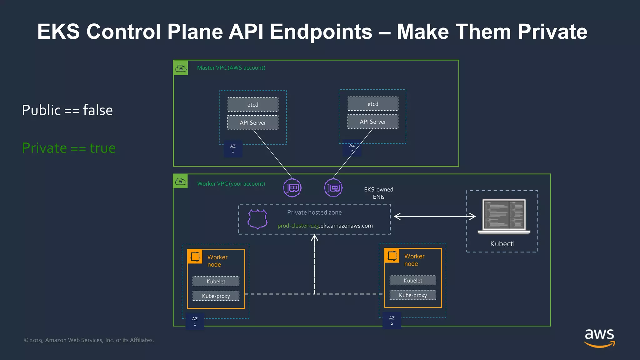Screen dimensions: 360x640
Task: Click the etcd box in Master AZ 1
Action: pyautogui.click(x=253, y=105)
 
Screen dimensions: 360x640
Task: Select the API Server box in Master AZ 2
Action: pyautogui.click(x=373, y=122)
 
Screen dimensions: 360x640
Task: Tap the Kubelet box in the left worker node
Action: pyautogui.click(x=216, y=281)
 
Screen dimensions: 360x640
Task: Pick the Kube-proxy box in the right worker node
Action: pyautogui.click(x=413, y=295)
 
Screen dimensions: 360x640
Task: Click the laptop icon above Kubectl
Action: pyautogui.click(x=504, y=216)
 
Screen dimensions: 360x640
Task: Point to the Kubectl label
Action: pyautogui.click(x=502, y=244)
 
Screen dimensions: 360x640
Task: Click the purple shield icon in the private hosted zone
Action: pyautogui.click(x=257, y=219)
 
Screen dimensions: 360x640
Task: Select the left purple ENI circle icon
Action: pyautogui.click(x=292, y=188)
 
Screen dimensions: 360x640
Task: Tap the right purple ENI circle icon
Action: pyautogui.click(x=333, y=188)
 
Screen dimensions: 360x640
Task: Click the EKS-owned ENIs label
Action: pyautogui.click(x=378, y=193)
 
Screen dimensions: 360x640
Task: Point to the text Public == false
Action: pyautogui.click(x=67, y=110)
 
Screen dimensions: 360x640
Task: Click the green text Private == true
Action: pyautogui.click(x=69, y=148)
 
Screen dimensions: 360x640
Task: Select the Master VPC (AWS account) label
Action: pyautogui.click(x=231, y=68)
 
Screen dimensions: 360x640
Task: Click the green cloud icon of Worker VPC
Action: pyautogui.click(x=181, y=181)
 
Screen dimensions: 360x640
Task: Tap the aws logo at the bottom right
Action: pyautogui.click(x=599, y=337)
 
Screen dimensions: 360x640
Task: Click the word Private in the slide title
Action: pyautogui.click(x=552, y=32)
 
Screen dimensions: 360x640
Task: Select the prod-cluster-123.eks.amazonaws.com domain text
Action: pyautogui.click(x=325, y=226)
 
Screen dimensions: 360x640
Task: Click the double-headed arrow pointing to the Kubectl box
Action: pyautogui.click(x=434, y=216)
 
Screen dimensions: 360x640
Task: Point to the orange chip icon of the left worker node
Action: pyautogui.click(x=195, y=257)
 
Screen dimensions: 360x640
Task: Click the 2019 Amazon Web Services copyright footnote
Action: pyautogui.click(x=89, y=340)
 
